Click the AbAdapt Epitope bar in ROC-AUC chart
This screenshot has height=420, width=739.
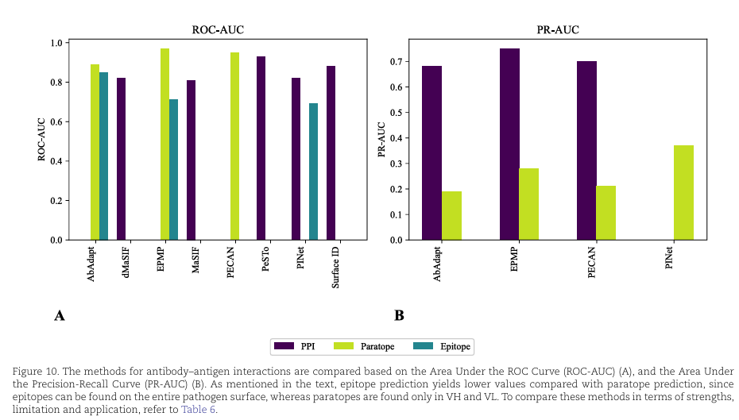click(103, 156)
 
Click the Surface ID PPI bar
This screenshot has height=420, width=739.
click(331, 153)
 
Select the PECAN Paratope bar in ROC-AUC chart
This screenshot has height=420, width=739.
click(234, 146)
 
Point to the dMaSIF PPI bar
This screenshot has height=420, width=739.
click(121, 159)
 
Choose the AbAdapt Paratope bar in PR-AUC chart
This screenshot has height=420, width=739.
click(451, 215)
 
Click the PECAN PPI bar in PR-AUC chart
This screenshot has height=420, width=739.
click(586, 151)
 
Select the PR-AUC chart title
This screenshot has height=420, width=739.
click(557, 30)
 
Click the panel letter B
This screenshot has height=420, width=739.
click(399, 316)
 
